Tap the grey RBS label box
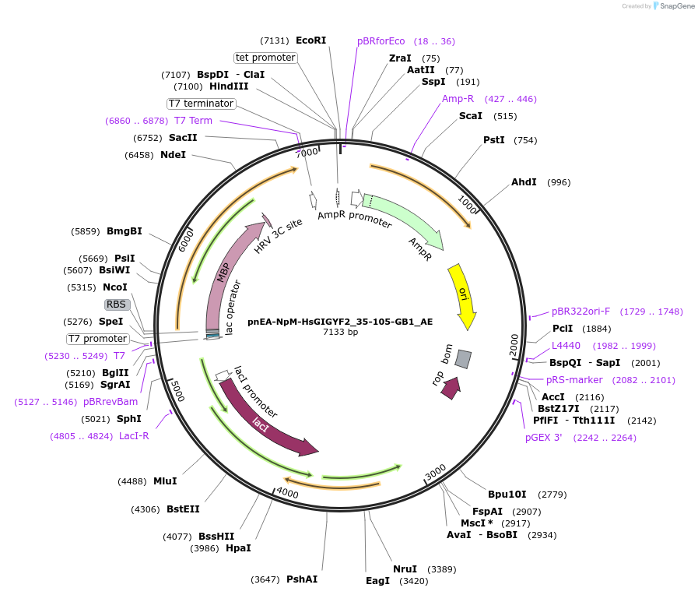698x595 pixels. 116,305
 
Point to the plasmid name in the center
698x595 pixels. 341,321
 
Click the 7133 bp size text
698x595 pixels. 341,332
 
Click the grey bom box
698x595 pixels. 463,358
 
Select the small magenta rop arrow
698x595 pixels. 450,388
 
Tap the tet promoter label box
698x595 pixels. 265,58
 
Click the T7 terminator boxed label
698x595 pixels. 201,104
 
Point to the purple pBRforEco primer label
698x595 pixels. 381,41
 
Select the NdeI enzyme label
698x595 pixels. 173,155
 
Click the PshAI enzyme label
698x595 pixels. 302,579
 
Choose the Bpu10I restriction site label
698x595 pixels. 507,495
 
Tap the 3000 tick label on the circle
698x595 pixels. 435,471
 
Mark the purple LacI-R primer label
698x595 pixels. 134,436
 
